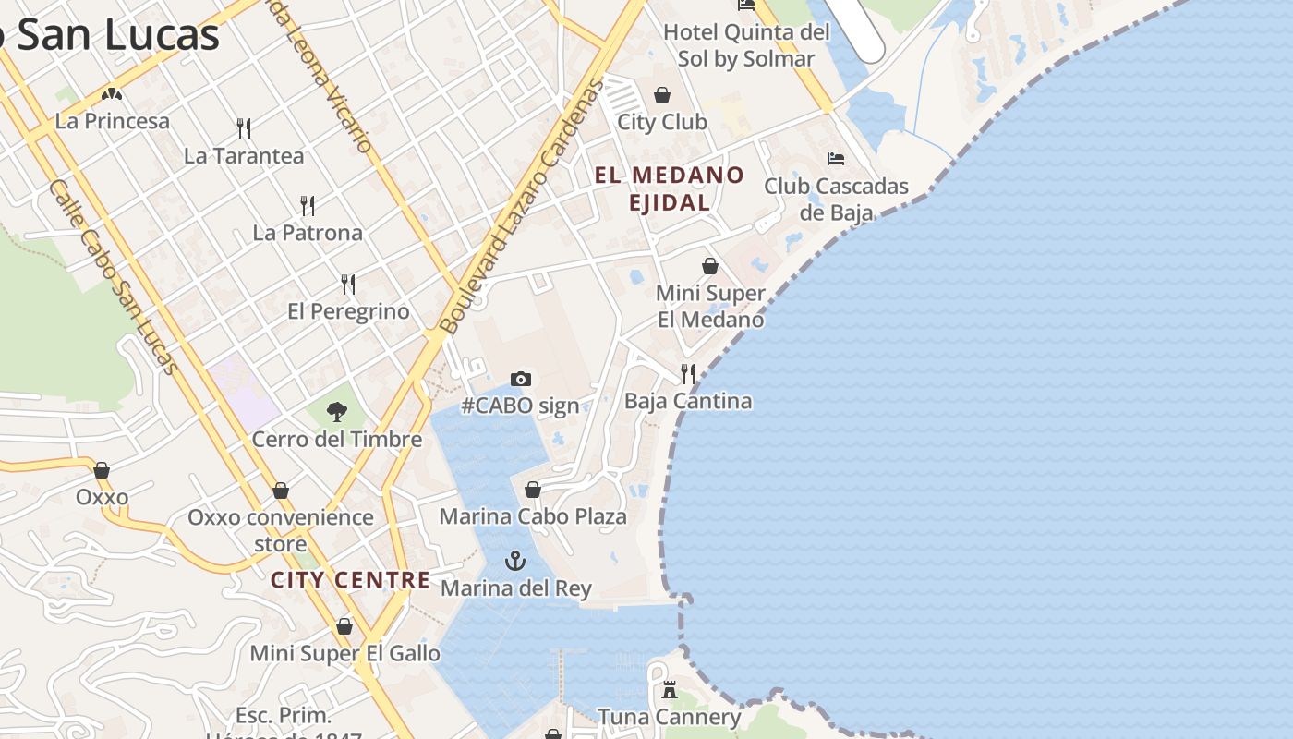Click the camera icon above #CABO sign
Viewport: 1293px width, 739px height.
pos(521,379)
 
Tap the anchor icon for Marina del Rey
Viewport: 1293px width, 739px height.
pos(515,561)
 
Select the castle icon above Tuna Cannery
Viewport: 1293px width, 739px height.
pos(670,690)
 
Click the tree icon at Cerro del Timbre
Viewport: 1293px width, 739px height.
pos(337,412)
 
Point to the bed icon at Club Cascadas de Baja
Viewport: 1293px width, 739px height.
pos(836,159)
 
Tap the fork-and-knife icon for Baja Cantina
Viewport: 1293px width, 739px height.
pos(688,373)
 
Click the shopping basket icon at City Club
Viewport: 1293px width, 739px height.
pos(662,95)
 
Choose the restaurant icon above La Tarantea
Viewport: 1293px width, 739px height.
pos(244,127)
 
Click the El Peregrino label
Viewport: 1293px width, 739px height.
pos(348,311)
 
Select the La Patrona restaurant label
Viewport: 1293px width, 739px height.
pos(308,233)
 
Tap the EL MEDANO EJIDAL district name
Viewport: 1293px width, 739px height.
pos(670,188)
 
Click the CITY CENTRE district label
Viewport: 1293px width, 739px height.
pos(350,580)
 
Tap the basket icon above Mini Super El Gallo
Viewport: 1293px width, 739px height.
pos(344,627)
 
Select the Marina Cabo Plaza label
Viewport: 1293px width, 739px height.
pos(533,516)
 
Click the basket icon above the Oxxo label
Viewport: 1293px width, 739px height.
pos(102,470)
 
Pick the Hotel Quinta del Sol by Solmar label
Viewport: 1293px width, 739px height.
pos(746,45)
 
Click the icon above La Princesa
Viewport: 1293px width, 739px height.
pos(113,94)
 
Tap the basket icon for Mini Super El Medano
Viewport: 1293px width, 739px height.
pos(710,266)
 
